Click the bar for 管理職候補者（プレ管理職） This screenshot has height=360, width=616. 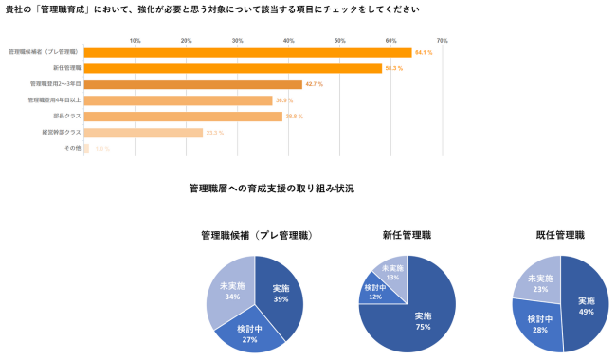click(246, 52)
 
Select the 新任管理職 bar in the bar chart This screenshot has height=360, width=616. click(232, 68)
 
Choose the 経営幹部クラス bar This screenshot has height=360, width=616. click(142, 133)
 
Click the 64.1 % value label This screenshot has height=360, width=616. click(424, 52)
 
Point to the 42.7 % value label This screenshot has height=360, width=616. click(314, 84)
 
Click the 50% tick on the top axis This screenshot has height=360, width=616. click(339, 41)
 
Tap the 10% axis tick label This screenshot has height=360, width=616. click(135, 41)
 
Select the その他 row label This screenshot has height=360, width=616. click(72, 149)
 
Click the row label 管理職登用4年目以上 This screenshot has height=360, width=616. click(54, 100)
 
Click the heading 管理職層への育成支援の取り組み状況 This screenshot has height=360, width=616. click(271, 189)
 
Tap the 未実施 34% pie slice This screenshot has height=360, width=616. click(228, 289)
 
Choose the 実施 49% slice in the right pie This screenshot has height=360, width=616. click(586, 305)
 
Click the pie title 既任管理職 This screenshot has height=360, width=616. click(560, 234)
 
